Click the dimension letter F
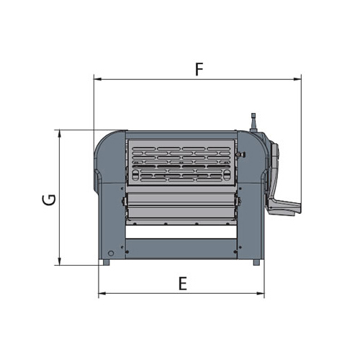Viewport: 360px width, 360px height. [x=199, y=69]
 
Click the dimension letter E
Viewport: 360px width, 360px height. [x=183, y=284]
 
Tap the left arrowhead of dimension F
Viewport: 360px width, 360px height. [x=97, y=79]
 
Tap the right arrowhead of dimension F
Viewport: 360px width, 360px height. [x=297, y=79]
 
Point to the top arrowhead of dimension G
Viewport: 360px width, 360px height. [x=60, y=134]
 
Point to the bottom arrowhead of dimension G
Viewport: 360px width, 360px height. [x=60, y=261]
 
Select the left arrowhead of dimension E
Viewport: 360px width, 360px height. [x=102, y=293]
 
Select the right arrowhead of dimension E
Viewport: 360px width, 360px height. [x=261, y=293]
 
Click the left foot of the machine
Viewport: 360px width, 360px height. [x=106, y=262]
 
